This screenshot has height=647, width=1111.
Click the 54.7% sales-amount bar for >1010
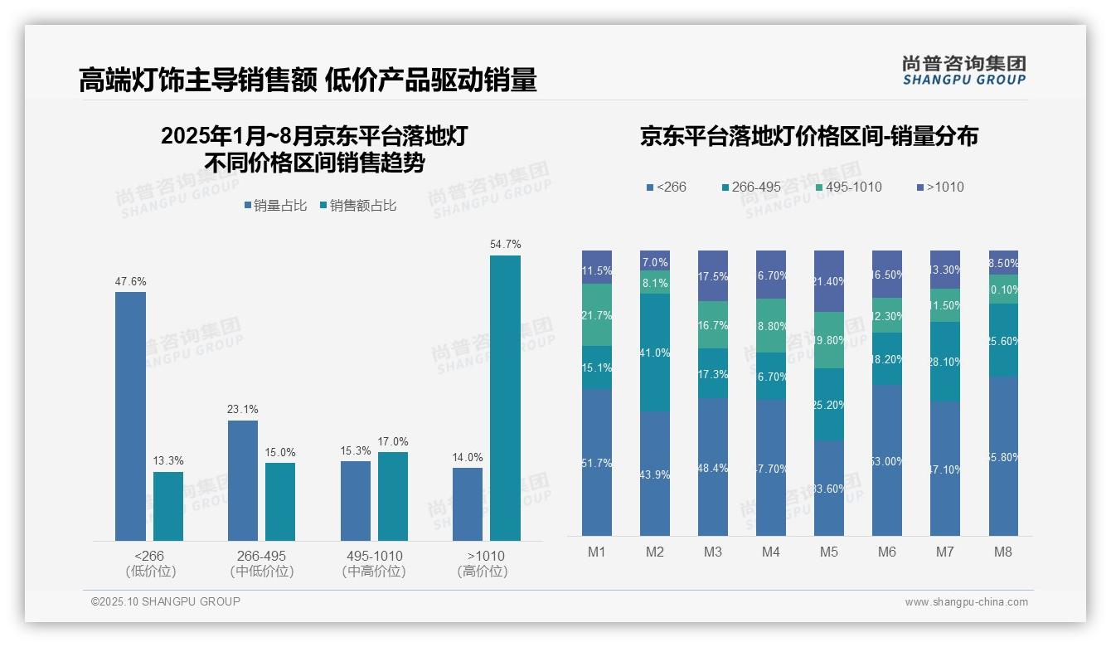pyautogui.click(x=505, y=398)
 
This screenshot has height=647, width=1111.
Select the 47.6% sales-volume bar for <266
pyautogui.click(x=130, y=416)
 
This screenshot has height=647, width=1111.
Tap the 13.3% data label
pyautogui.click(x=167, y=460)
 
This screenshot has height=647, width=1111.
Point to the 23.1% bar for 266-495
pyautogui.click(x=242, y=480)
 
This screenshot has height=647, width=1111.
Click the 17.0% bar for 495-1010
pyautogui.click(x=392, y=496)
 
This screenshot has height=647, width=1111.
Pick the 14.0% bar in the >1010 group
pyautogui.click(x=467, y=503)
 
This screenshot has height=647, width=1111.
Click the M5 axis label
pyautogui.click(x=828, y=552)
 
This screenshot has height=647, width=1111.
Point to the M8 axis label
pyautogui.click(x=1002, y=552)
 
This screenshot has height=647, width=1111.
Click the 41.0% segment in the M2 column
pyautogui.click(x=654, y=353)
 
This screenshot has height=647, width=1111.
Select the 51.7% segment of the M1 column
pyautogui.click(x=596, y=463)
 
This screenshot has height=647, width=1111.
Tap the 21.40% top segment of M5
pyautogui.click(x=828, y=281)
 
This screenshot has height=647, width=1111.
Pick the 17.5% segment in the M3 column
pyautogui.click(x=712, y=275)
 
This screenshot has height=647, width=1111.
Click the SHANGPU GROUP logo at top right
pyautogui.click(x=963, y=71)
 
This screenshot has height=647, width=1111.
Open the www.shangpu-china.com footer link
pyautogui.click(x=966, y=602)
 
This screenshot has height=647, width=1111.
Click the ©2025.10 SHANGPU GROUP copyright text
pyautogui.click(x=166, y=601)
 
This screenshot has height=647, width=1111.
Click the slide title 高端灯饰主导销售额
pyautogui.click(x=197, y=80)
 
